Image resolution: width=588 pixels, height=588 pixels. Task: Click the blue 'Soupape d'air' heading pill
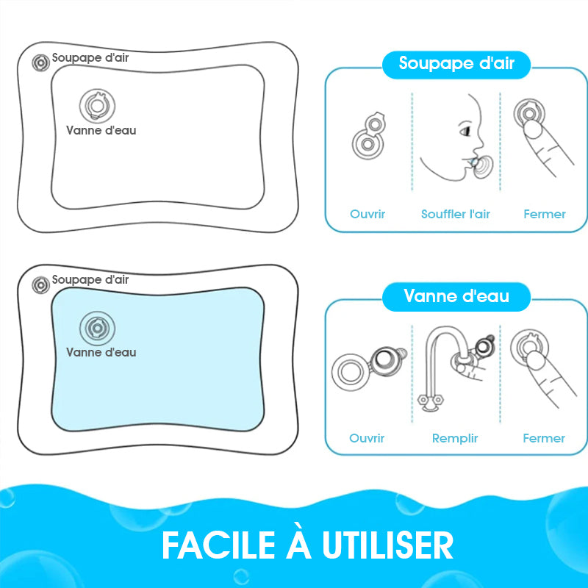456,65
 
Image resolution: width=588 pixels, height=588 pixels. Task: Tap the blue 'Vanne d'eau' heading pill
456,297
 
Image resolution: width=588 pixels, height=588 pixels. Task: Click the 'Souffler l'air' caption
455,214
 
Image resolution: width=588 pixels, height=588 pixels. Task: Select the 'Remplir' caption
455,438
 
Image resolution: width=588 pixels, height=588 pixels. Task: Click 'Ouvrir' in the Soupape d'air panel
367,214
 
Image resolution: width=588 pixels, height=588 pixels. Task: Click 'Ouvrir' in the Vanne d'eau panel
367,438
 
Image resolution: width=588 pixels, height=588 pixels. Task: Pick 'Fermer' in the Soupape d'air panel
545,214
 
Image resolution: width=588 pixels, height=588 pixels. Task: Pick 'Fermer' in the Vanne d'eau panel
544,438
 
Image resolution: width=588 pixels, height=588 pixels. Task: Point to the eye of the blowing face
465,132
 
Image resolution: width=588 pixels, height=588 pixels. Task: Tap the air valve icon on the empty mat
40,62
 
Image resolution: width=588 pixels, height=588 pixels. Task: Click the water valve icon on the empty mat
98,106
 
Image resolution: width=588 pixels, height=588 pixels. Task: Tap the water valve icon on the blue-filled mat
98,328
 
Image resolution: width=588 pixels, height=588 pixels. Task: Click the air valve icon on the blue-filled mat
40,285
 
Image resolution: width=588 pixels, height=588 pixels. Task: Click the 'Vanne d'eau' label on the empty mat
101,131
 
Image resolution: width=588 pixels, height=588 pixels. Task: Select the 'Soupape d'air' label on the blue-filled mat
90,280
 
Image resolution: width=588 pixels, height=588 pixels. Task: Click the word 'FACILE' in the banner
219,545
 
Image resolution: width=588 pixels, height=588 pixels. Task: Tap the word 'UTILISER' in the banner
388,545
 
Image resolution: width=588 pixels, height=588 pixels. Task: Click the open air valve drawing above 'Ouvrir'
369,136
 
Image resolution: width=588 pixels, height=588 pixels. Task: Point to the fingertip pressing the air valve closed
532,129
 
